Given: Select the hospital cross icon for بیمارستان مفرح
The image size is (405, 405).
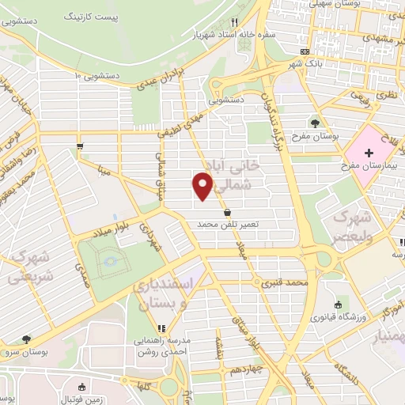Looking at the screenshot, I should pyautogui.click(x=369, y=151).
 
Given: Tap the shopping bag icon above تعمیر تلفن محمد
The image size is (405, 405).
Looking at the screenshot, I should pyautogui.click(x=228, y=212).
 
